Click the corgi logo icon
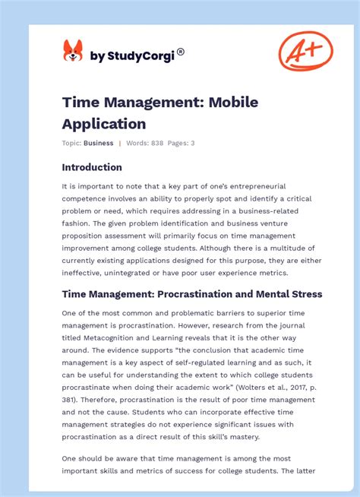point(73,52)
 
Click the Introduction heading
point(92,167)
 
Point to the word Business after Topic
point(99,143)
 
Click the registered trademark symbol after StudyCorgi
point(180,52)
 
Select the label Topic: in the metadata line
point(72,143)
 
